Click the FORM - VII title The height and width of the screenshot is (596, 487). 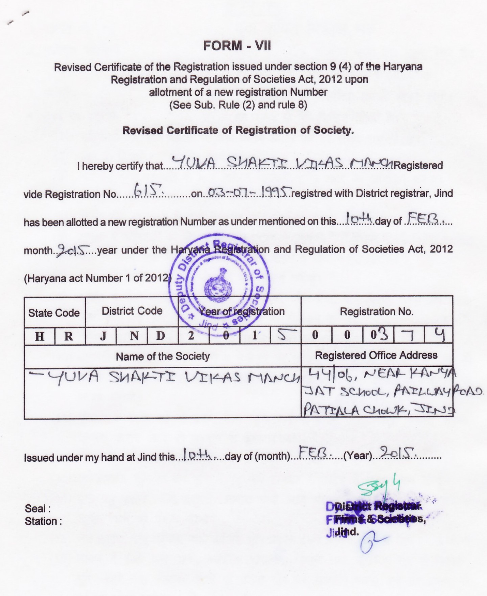coord(237,46)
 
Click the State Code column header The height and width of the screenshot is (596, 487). coord(54,313)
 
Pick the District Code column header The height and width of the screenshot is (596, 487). coord(132,311)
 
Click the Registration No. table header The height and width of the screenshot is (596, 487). coord(376,311)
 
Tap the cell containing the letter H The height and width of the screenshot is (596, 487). coord(40,336)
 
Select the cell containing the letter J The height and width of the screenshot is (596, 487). coord(103,336)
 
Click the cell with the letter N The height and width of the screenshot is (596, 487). coord(134,336)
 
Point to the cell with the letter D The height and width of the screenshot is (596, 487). coord(161,336)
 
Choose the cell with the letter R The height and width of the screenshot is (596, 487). coord(69,336)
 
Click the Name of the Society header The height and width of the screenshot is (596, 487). coord(163,356)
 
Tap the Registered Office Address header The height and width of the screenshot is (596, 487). coord(376,355)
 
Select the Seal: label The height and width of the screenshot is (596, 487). coord(38,508)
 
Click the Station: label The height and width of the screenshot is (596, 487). coord(43,521)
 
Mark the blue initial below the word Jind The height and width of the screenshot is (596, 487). coord(372,544)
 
